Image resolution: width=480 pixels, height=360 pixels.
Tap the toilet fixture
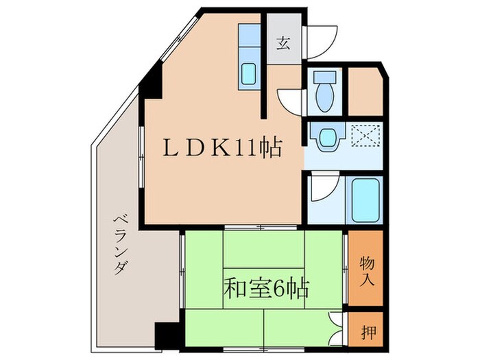[x=324, y=92]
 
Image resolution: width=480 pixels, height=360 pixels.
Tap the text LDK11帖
[x=221, y=148]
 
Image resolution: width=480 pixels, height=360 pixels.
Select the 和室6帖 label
[x=265, y=287]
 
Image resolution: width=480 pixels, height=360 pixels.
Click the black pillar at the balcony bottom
[x=165, y=335]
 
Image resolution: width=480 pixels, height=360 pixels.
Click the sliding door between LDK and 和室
[x=261, y=227]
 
